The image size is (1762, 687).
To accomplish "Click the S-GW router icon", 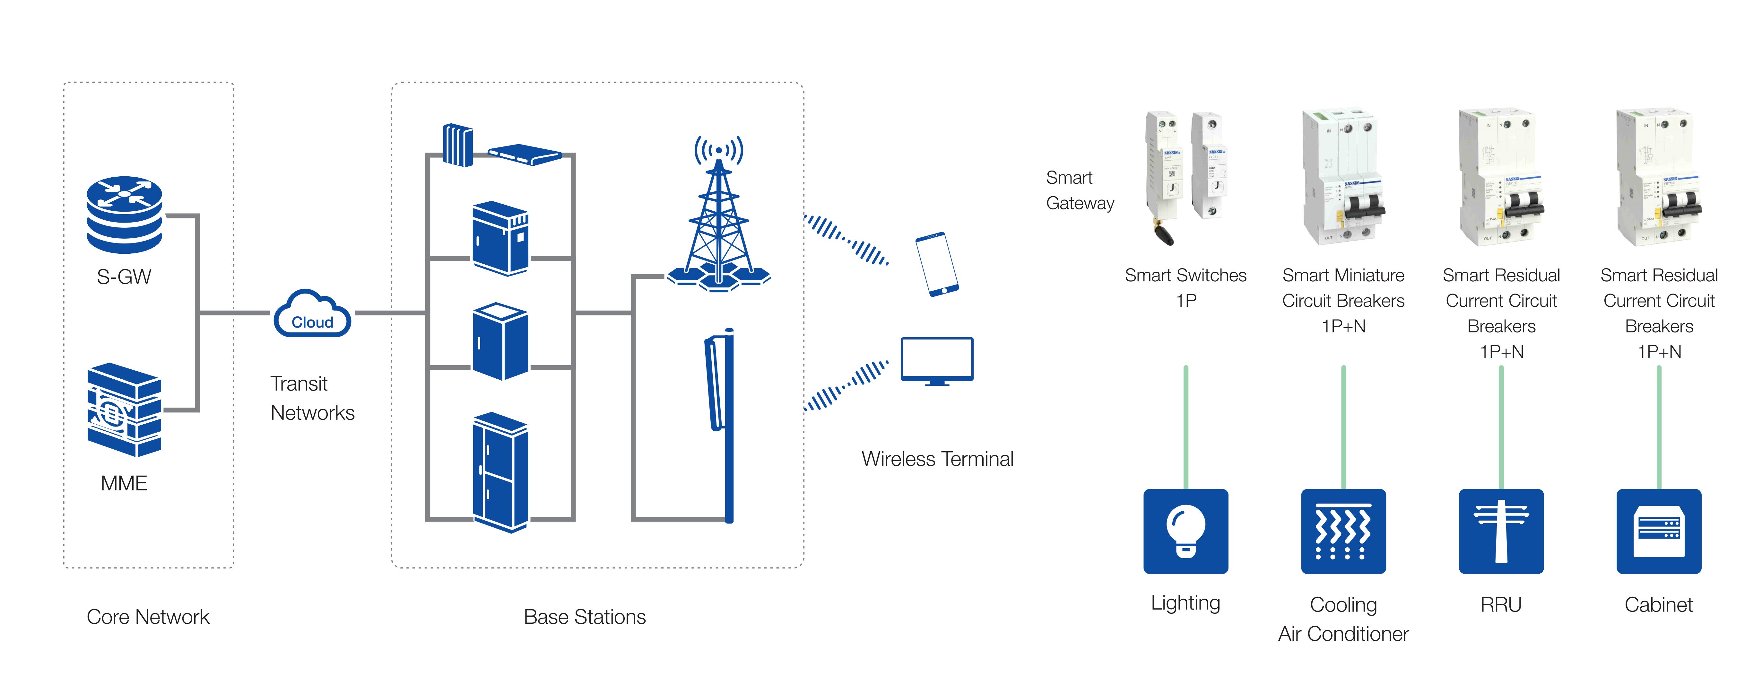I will coord(125,214).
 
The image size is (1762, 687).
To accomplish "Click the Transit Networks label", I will coord(312,398).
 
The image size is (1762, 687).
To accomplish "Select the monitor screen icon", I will coord(936,361).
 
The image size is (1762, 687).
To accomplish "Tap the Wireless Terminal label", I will coord(937,459).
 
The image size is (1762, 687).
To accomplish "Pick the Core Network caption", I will coord(148,617).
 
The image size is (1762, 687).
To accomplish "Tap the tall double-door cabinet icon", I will coord(500,472).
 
